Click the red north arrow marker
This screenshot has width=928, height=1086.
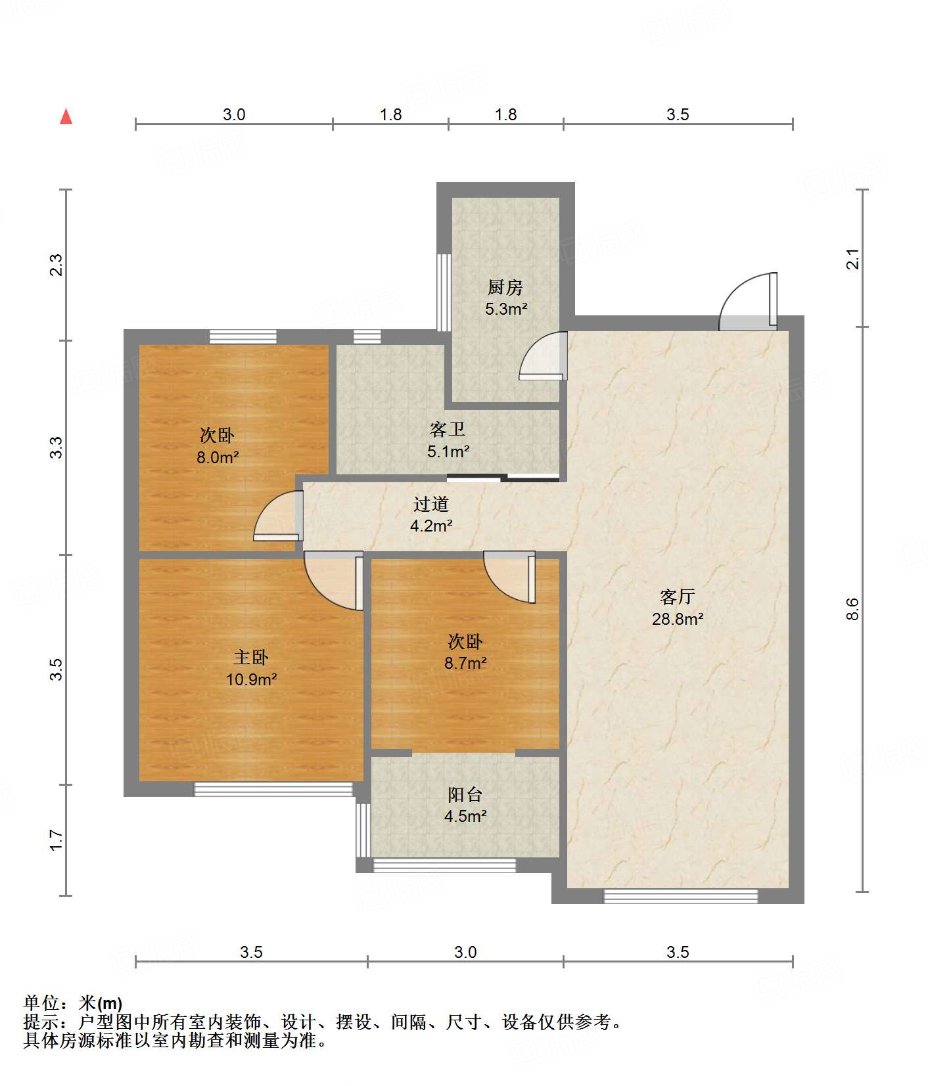click(x=66, y=116)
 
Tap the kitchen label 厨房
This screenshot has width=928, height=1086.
click(x=505, y=287)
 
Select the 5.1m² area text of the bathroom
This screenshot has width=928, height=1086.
click(x=448, y=451)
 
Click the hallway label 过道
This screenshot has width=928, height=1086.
click(x=431, y=504)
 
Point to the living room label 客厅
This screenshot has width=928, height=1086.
click(x=678, y=597)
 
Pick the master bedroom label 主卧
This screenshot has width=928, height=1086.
click(x=251, y=657)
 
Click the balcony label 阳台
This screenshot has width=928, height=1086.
click(x=465, y=794)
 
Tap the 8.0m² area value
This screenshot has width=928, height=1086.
click(x=218, y=457)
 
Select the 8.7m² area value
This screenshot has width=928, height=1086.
click(x=465, y=663)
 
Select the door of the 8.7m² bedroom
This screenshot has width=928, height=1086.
click(x=509, y=577)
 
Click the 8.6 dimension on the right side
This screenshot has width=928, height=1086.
click(x=852, y=609)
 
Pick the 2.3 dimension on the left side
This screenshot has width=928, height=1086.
click(x=57, y=265)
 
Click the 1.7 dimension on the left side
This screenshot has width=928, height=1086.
click(x=57, y=840)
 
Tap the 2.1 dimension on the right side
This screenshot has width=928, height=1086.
click(x=852, y=259)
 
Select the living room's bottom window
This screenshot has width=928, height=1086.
click(x=681, y=896)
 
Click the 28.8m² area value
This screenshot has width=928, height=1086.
click(x=678, y=619)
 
